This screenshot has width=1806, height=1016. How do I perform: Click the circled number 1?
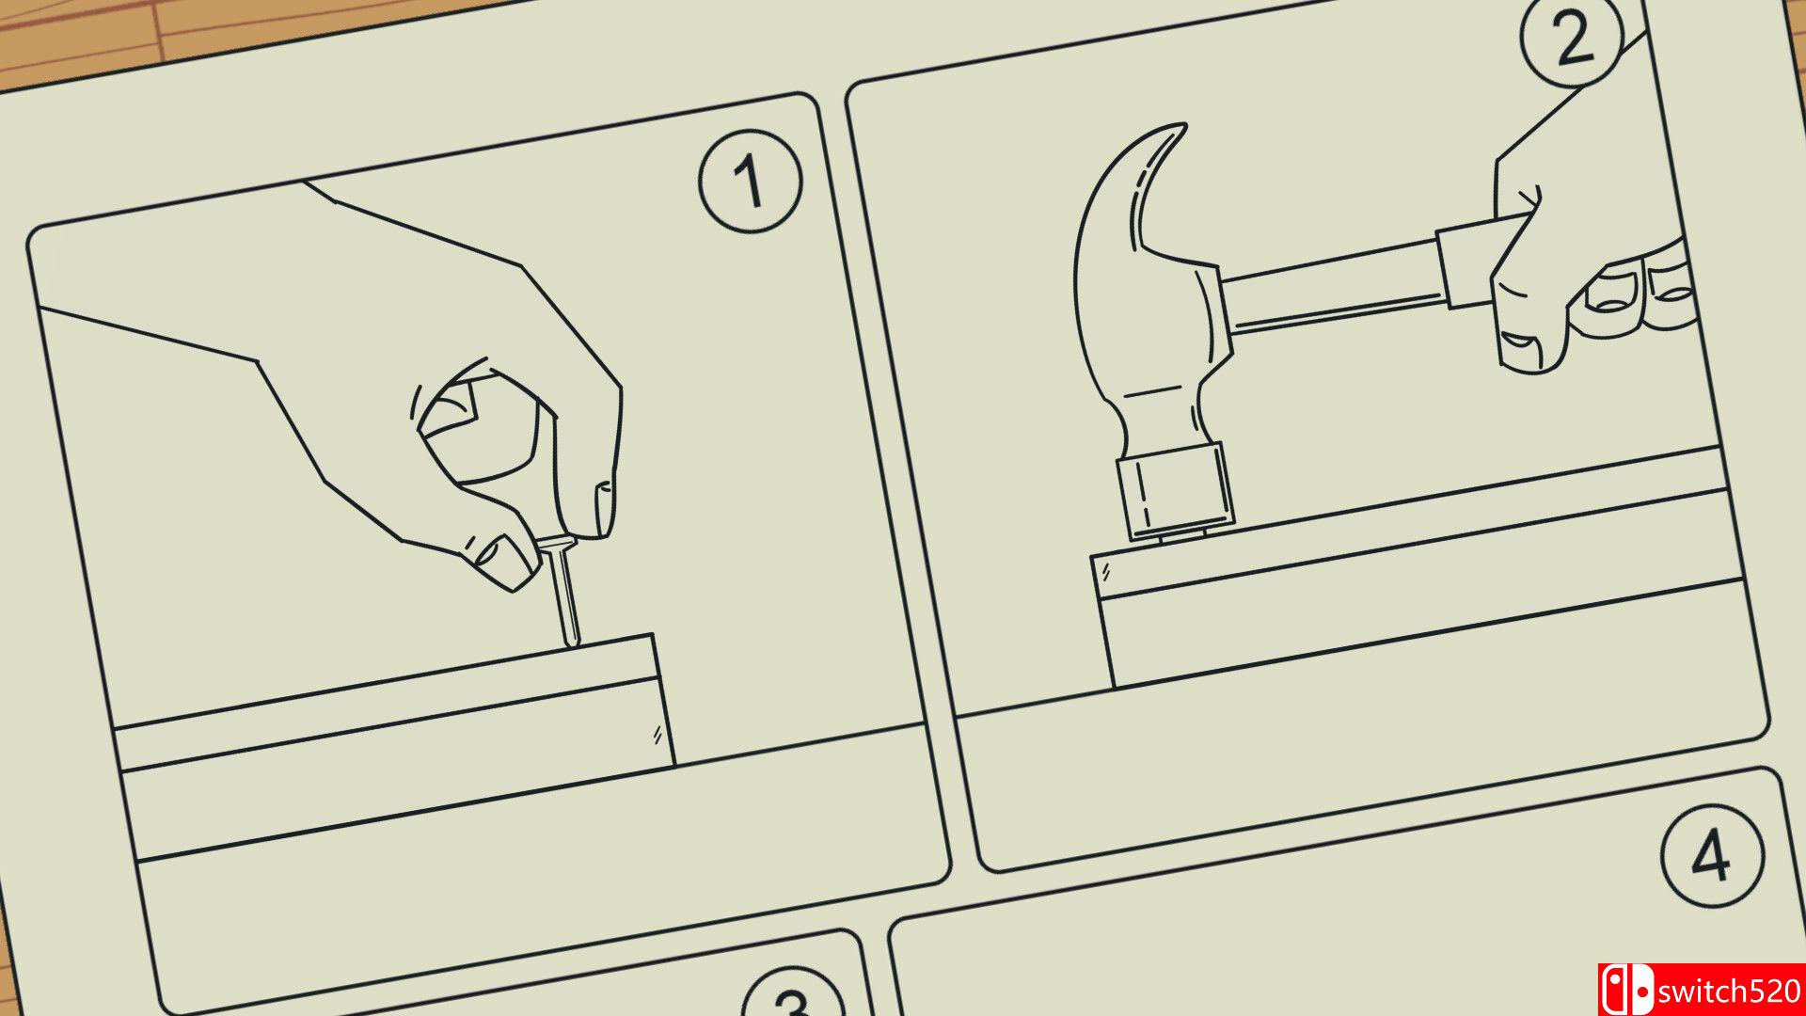[751, 182]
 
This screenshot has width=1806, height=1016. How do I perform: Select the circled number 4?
[1712, 855]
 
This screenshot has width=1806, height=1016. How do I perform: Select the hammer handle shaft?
[1331, 287]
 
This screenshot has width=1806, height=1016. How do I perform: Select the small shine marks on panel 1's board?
[657, 735]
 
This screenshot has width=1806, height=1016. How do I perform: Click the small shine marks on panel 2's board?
[1106, 570]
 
